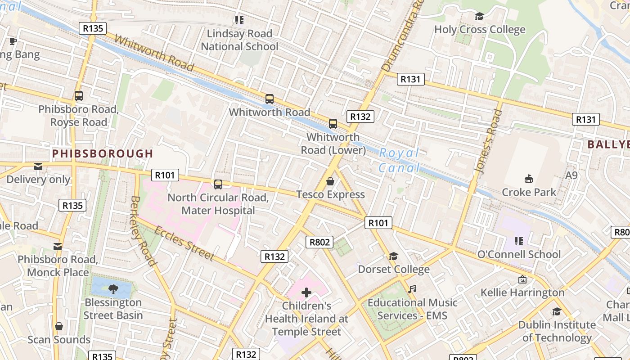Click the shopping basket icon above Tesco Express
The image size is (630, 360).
(330, 181)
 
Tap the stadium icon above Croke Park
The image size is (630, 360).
(529, 179)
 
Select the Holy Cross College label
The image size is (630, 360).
(480, 30)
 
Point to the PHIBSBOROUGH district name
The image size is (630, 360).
(103, 154)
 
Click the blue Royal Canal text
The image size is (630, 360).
(399, 160)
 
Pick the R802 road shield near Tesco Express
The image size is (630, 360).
(319, 242)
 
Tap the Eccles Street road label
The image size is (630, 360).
(184, 243)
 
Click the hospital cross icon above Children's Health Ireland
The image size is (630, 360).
(306, 293)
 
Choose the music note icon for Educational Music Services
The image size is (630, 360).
(412, 289)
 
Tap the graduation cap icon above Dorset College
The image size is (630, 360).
(393, 256)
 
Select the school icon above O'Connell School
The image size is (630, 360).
(518, 241)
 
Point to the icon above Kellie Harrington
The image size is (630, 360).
(522, 279)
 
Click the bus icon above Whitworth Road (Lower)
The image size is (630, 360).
(333, 124)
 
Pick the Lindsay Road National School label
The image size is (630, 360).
(239, 40)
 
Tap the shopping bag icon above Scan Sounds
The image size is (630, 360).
(58, 326)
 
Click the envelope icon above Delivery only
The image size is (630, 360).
(38, 166)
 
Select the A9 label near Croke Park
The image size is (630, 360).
(571, 175)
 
